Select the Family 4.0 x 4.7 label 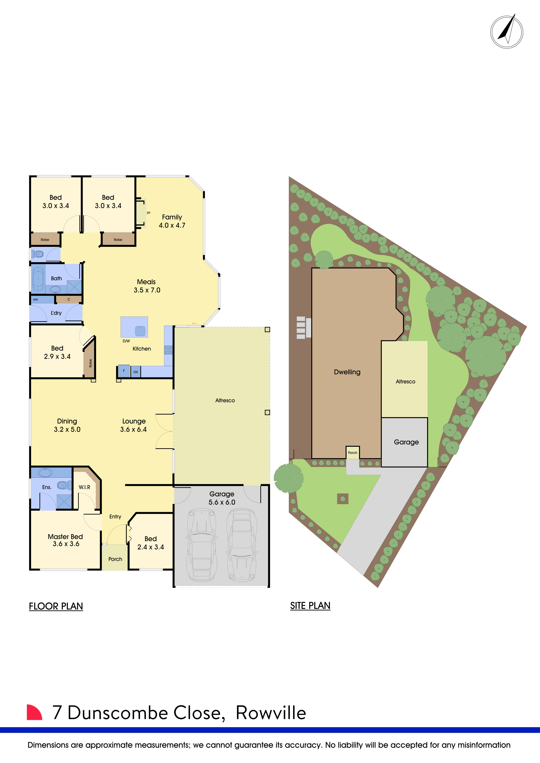(x=172, y=221)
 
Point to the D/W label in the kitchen (x=126, y=341)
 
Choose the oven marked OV (x=136, y=372)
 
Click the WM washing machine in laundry (x=36, y=299)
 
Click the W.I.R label (x=84, y=487)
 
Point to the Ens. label (x=47, y=487)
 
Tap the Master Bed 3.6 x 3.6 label (x=65, y=540)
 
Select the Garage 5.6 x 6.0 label (x=222, y=498)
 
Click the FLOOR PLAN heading (x=56, y=606)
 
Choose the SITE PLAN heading (x=310, y=605)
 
